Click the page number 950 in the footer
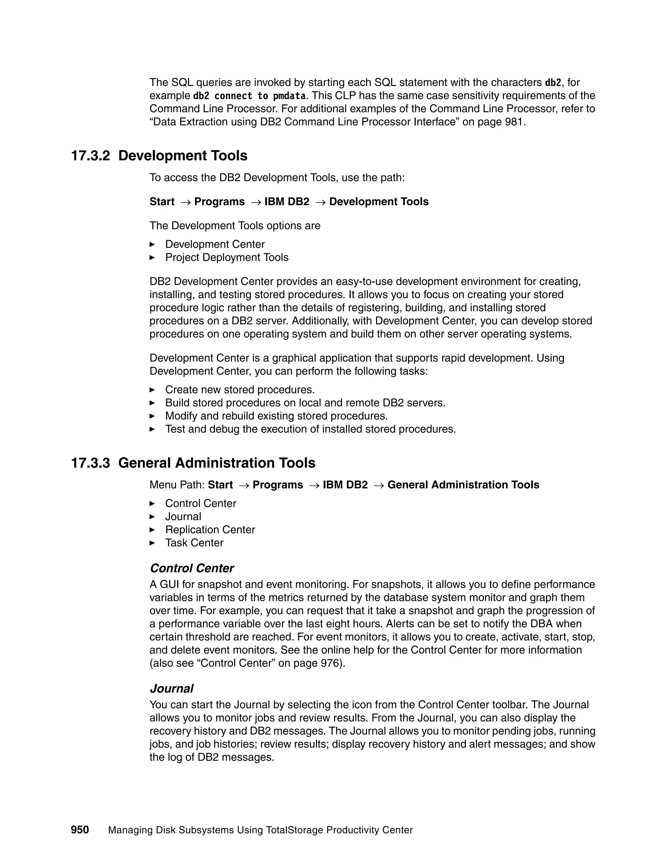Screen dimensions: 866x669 click(x=80, y=829)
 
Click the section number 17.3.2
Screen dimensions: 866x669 click(x=90, y=156)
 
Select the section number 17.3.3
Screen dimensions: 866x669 click(x=90, y=463)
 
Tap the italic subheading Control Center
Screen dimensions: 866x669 click(x=192, y=568)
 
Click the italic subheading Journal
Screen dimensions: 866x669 click(x=171, y=688)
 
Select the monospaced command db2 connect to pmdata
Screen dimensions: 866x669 click(x=249, y=96)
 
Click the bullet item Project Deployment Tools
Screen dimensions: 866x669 click(x=227, y=257)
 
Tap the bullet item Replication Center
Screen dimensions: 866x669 click(x=210, y=530)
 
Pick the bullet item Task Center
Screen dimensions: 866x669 click(x=194, y=543)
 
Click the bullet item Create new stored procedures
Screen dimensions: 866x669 click(x=240, y=390)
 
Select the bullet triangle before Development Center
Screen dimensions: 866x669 click(x=152, y=244)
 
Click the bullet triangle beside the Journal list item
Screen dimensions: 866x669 click(x=152, y=517)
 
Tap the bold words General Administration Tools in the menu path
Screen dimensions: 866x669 click(x=463, y=485)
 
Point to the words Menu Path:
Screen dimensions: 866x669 click(x=177, y=485)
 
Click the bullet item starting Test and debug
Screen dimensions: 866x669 click(x=310, y=429)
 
